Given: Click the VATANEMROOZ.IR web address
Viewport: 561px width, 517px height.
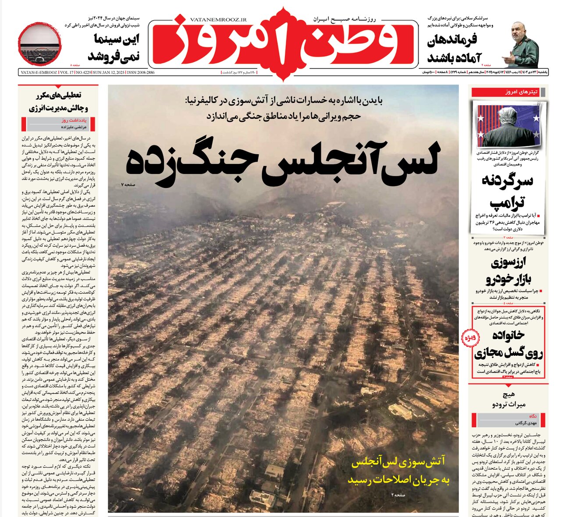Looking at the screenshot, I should (218, 20).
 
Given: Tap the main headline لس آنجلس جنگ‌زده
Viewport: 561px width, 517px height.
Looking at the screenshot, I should (283, 163).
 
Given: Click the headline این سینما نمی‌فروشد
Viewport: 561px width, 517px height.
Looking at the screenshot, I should (113, 47).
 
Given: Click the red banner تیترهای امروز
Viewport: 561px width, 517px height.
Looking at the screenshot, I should (508, 92).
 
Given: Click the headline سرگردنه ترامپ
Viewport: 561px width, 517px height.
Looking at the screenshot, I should (508, 191).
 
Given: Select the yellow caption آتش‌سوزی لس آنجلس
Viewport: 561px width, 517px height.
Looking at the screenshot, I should (399, 470).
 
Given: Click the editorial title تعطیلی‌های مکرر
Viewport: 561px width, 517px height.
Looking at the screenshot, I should (59, 101).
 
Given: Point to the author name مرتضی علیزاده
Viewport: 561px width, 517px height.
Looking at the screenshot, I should (72, 127).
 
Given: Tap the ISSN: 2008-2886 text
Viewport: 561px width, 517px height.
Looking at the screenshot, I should (140, 72).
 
